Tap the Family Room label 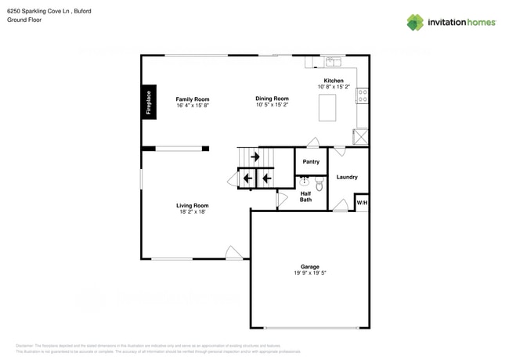pos(192,99)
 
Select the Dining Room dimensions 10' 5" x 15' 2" pos(272,105)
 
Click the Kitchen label pos(334,81)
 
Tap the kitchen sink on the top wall pos(334,62)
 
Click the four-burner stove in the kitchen pos(363,95)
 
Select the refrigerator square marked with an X pos(360,136)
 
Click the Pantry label pos(311,162)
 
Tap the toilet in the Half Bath pos(319,185)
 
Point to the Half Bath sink pos(305,182)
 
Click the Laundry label pos(347,177)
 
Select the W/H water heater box pos(362,203)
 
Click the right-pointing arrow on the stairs pos(255,157)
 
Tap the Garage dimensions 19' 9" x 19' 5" pos(310,273)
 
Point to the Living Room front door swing pos(233,252)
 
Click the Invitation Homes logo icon pos(415,23)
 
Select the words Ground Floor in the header pos(23,20)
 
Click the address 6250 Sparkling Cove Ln pos(38,10)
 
